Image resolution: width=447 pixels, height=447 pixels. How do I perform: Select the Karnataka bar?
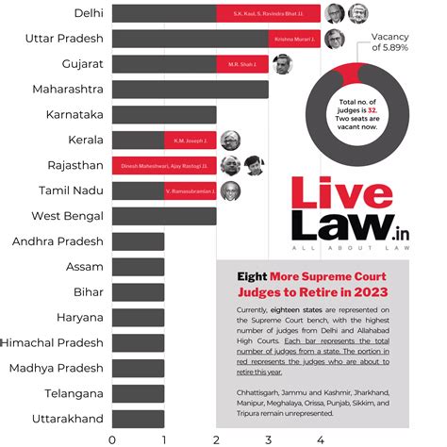coord(164,115)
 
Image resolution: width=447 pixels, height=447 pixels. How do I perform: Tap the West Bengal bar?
coord(164,217)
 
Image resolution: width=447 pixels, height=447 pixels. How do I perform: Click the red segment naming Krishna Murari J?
coord(294,39)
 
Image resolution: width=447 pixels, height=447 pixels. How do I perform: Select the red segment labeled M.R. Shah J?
coord(242,64)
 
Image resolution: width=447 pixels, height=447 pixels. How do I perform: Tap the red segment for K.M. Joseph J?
coord(190,141)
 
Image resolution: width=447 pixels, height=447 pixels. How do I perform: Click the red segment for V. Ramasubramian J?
coord(190,191)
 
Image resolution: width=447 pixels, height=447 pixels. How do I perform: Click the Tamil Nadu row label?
coord(65,191)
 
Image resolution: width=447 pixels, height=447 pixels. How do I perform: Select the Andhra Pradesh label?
coord(58,241)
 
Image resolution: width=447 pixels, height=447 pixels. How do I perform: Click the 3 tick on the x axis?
coord(268,439)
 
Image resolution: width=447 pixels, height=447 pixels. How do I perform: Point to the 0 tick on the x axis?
coord(113,439)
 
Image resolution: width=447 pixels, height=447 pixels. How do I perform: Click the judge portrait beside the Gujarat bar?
coord(282,64)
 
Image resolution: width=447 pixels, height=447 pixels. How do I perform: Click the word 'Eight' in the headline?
coord(248,277)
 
